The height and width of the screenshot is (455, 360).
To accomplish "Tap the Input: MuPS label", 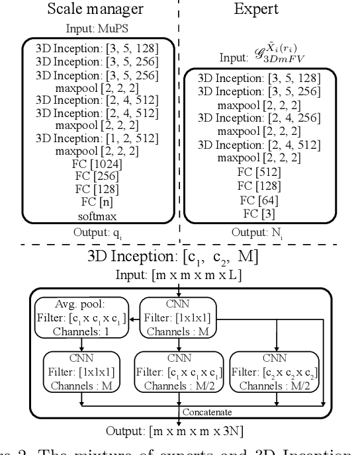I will pos(99,29).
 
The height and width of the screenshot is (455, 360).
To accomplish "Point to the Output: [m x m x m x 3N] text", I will pos(180,431).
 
